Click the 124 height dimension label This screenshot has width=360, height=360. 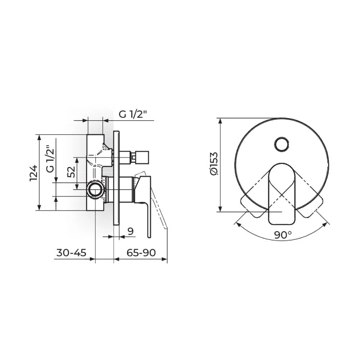point(33,173)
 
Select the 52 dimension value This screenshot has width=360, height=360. point(71,171)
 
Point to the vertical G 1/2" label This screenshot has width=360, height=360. point(50,159)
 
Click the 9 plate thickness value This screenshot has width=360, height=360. point(130,231)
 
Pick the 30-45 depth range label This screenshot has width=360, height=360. point(71,253)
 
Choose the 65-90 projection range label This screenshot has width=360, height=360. point(141,253)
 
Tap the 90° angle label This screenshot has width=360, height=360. point(283,235)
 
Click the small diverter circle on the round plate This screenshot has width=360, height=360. point(282,145)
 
